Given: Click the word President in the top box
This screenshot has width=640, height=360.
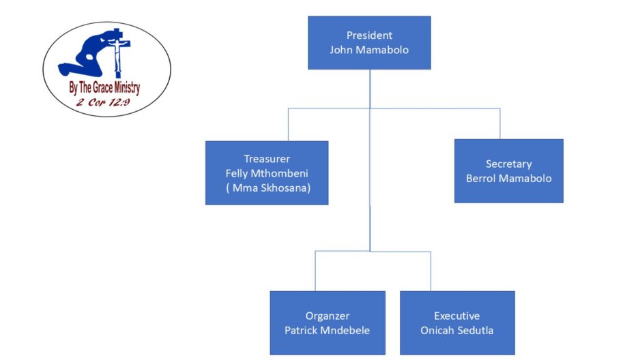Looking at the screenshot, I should pos(369,35).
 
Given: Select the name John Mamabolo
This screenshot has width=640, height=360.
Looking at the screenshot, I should pos(369,49).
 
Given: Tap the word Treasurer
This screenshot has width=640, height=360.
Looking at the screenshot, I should pos(267,159).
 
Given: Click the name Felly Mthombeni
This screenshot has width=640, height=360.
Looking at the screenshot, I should pos(267,173).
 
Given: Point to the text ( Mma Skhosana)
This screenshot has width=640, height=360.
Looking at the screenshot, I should pos(267,187).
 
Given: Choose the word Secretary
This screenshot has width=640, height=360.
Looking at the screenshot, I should pos(508,164).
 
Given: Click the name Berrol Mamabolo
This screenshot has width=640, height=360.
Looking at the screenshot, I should pos(508,178).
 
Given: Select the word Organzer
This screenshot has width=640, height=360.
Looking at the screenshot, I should pos(328,316).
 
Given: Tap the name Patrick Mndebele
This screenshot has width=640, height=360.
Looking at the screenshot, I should pos(328,330).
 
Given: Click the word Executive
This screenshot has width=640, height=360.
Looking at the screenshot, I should pos(456,316).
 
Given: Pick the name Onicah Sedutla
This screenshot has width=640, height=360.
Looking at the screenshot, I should pos(456,330).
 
